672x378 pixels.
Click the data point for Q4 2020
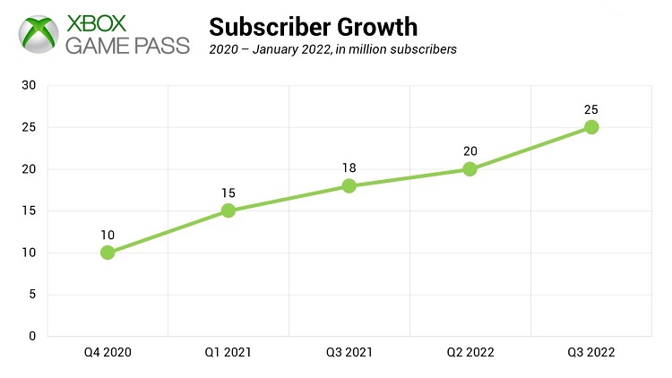tap(108, 253)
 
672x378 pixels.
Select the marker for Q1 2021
tap(228, 210)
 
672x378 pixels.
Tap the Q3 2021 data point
tap(349, 185)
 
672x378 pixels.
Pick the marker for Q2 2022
tap(470, 168)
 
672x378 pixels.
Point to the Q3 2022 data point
tap(591, 127)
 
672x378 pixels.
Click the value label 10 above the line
tap(108, 235)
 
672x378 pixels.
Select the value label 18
tap(349, 168)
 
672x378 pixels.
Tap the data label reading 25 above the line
tap(591, 109)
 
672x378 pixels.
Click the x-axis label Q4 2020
tap(108, 354)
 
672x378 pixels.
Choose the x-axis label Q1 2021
tap(228, 354)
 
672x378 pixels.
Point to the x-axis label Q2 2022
tap(470, 354)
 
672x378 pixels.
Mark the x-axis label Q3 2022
tap(591, 354)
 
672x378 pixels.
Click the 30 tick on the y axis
tap(30, 85)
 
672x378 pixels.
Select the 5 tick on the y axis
tap(32, 295)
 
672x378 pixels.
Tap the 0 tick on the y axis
tap(32, 336)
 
